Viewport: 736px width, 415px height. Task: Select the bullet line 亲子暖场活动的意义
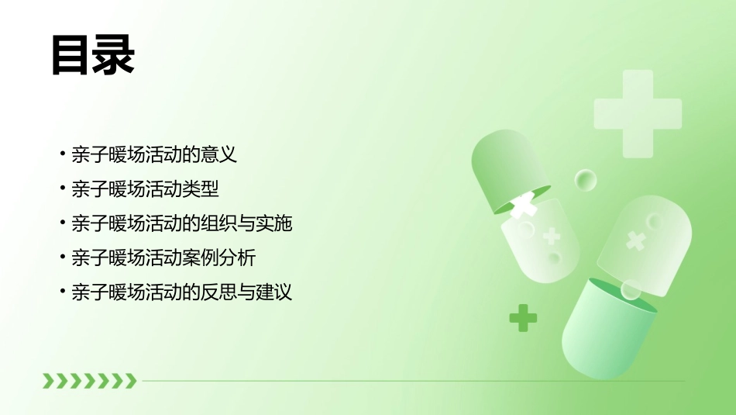point(153,154)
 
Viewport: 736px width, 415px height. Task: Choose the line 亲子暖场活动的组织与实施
point(181,223)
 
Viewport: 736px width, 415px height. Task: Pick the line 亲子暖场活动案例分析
point(163,258)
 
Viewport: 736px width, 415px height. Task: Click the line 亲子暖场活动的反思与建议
point(181,292)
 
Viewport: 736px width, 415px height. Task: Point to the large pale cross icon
point(638,114)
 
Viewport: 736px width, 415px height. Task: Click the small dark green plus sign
point(523,317)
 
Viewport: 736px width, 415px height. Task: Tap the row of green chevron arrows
point(89,380)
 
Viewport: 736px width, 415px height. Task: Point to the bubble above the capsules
point(586,181)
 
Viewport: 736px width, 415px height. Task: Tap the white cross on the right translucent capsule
point(636,240)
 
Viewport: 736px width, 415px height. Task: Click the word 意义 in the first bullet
point(218,154)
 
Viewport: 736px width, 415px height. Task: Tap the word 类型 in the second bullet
point(200,188)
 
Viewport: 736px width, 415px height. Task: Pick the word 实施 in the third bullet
point(274,223)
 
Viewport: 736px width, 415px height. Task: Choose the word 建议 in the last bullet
point(274,292)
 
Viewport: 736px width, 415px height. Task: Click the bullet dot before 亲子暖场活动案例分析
point(63,258)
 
